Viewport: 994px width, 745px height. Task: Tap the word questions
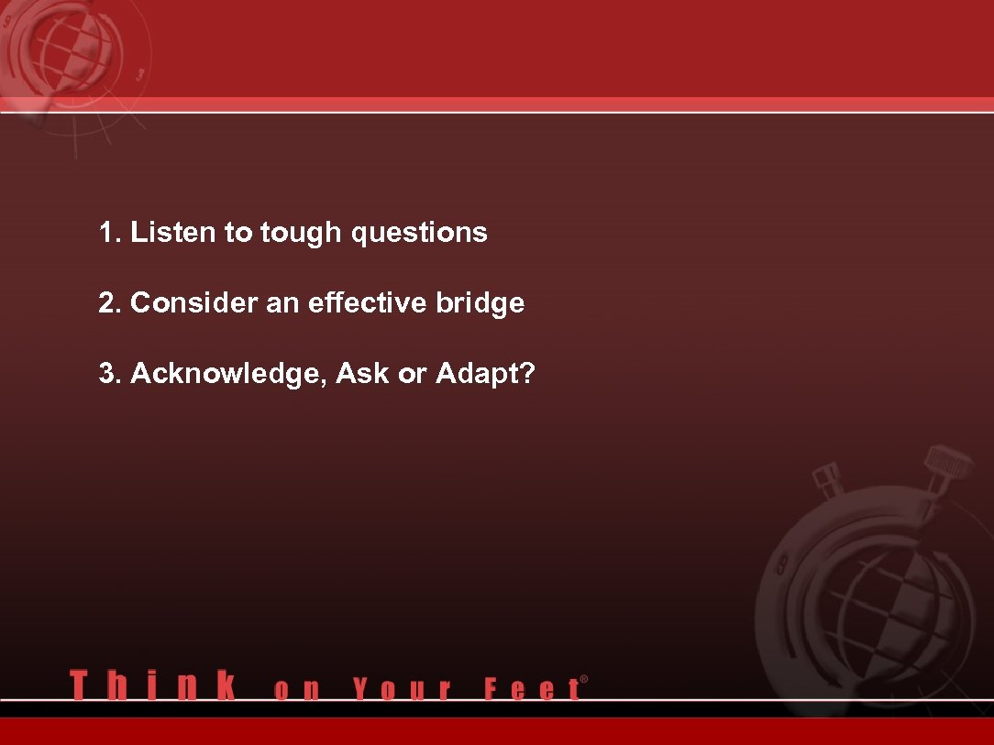coord(420,234)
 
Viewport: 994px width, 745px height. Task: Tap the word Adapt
coord(477,374)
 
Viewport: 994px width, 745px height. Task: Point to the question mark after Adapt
coord(528,374)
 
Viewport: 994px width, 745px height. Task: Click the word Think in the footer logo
coord(152,685)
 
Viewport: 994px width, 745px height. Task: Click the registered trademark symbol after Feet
coord(584,680)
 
